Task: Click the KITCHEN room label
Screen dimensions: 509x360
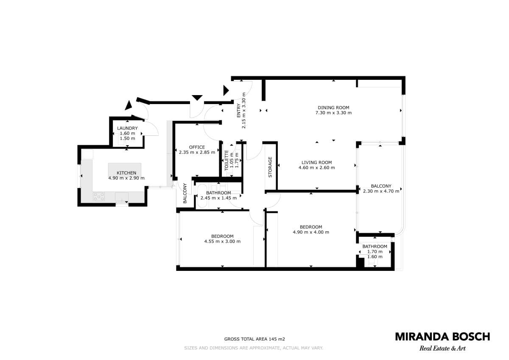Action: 126,173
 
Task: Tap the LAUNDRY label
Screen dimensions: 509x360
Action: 127,128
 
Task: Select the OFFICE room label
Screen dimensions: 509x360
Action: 197,147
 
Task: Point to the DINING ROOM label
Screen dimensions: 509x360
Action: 333,107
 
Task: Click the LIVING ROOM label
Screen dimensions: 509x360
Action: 316,162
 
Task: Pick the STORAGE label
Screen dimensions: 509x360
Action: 270,167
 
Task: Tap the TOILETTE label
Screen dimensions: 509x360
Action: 227,160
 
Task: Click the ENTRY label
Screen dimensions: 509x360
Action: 238,110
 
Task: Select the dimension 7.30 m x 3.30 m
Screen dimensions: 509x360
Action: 333,113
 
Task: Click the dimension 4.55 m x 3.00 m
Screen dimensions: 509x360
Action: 222,241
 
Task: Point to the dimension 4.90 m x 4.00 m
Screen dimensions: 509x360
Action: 311,232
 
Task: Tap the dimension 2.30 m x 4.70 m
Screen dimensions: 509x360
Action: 381,191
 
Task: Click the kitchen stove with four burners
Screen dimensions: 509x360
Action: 99,197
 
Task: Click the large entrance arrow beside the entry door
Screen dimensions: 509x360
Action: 226,90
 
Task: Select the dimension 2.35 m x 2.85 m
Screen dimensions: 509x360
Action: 197,152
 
